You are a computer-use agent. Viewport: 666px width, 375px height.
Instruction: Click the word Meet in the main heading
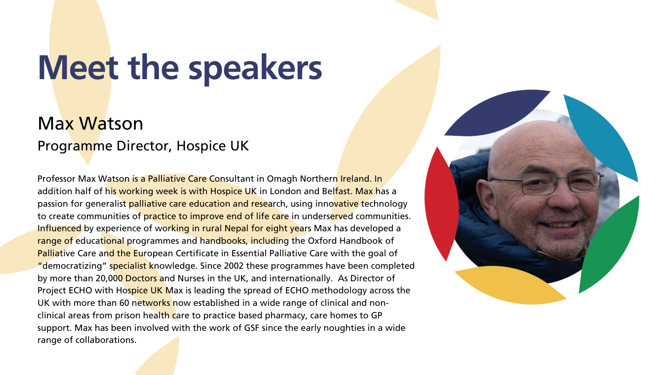point(78,67)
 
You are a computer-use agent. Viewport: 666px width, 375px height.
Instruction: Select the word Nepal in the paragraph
point(237,229)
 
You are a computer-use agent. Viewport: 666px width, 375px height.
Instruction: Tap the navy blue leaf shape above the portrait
point(497,112)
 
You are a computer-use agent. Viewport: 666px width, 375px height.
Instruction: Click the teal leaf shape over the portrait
point(601,137)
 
